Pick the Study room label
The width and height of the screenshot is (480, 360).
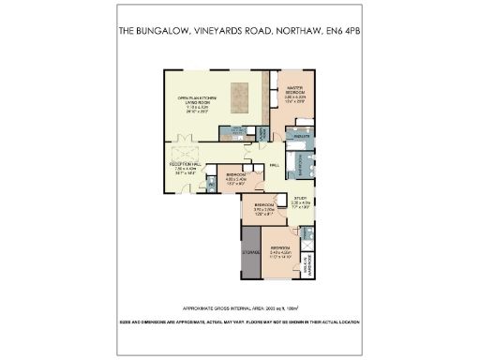[300, 200]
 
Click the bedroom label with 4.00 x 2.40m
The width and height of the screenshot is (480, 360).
[235, 178]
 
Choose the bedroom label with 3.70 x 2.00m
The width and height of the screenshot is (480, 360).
[263, 208]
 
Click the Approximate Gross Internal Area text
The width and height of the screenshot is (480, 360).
[239, 307]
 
